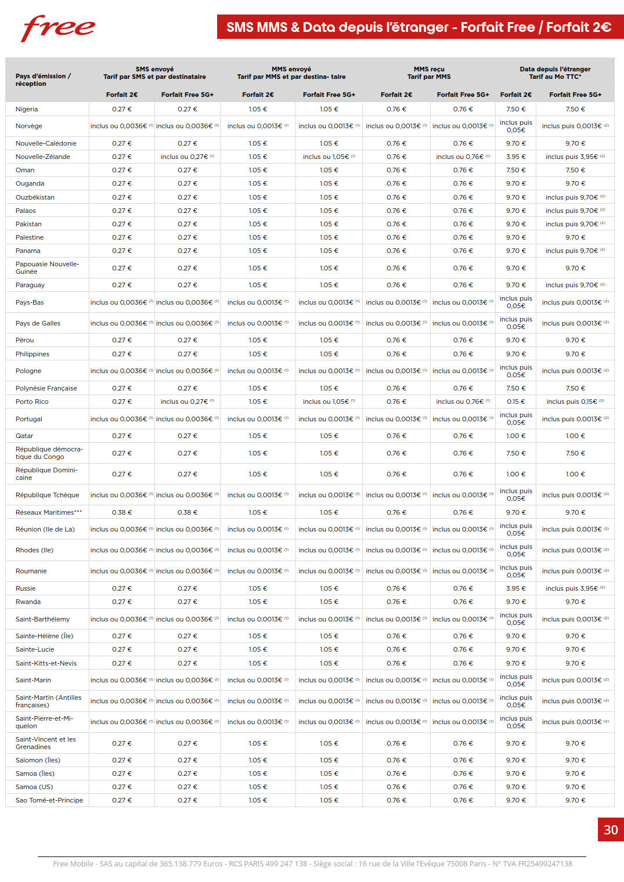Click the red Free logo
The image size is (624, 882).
click(x=57, y=28)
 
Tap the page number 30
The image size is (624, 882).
click(x=610, y=830)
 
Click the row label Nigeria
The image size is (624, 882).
click(x=27, y=109)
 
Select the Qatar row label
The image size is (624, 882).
click(x=24, y=436)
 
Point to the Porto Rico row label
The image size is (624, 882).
click(x=32, y=402)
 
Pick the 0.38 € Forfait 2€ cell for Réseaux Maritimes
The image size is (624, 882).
click(x=122, y=512)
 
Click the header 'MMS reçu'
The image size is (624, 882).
click(x=429, y=69)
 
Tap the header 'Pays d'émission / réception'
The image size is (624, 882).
click(x=43, y=79)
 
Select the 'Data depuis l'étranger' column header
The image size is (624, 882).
click(x=555, y=69)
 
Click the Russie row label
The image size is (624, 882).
click(x=26, y=588)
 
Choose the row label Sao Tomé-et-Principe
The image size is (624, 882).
click(x=49, y=800)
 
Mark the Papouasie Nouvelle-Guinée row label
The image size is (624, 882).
click(x=47, y=268)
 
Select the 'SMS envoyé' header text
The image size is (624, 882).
click(x=154, y=69)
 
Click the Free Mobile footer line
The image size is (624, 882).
click(x=312, y=863)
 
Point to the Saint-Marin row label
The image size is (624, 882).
click(x=33, y=680)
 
